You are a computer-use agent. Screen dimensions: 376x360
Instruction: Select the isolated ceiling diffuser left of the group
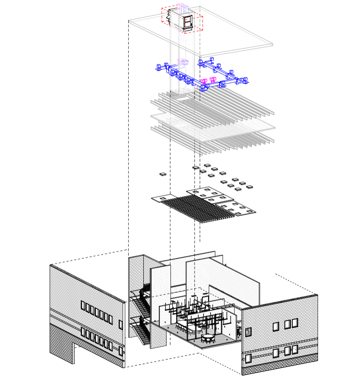click(x=163, y=174)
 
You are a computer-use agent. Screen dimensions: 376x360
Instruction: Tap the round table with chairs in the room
click(x=209, y=337)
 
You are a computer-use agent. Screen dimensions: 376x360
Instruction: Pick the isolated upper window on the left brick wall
click(x=120, y=325)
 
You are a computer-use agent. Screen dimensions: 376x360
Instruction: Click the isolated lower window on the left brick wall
click(x=120, y=351)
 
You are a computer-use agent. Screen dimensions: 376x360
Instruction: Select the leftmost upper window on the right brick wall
click(x=276, y=326)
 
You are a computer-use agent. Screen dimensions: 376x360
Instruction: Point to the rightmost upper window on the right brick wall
click(x=294, y=323)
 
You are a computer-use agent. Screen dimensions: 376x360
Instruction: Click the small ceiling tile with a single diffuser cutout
click(x=163, y=198)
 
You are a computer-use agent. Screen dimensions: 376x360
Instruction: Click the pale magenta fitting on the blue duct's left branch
click(x=182, y=62)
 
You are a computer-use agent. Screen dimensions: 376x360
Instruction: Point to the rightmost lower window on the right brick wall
click(x=294, y=349)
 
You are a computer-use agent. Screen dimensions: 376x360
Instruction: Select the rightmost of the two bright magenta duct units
click(x=213, y=80)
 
